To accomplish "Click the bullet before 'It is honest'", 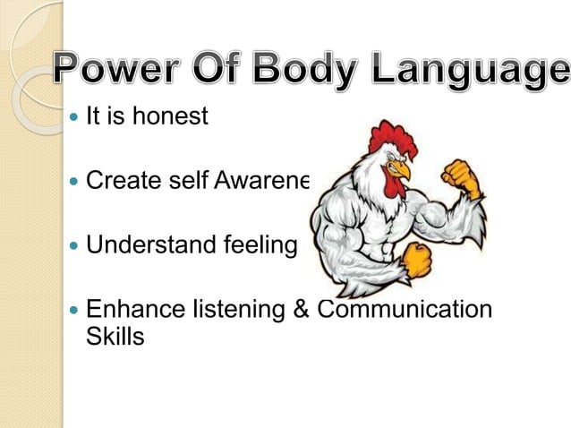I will (x=73, y=117).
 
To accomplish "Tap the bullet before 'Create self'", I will (x=73, y=182).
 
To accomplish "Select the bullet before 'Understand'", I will (x=73, y=245).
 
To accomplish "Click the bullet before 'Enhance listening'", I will (x=73, y=310).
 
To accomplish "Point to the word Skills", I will (x=115, y=338).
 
